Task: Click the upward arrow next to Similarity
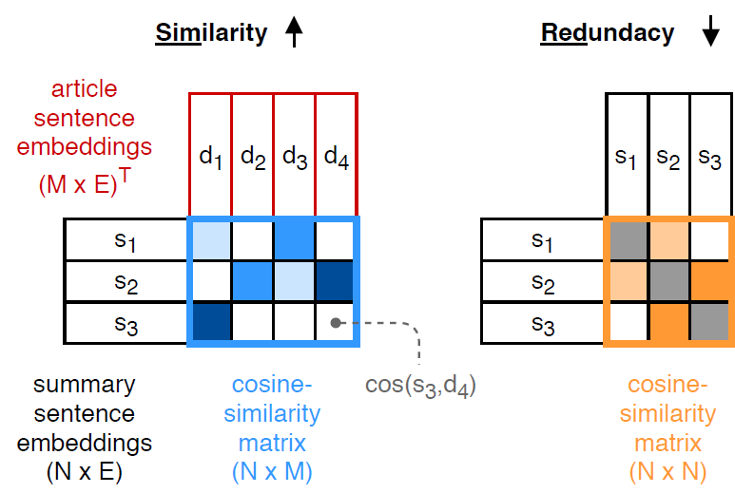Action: pos(293,33)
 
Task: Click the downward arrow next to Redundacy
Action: pos(709,33)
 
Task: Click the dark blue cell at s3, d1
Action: pos(210,322)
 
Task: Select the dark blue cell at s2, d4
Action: pos(336,280)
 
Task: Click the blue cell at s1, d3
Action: pos(295,238)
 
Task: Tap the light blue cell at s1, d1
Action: pos(210,238)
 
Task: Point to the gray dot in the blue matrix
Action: pos(336,322)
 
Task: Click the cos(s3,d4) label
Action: pos(420,385)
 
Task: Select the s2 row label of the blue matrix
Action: pos(126,280)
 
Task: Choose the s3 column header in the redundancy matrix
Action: pos(709,157)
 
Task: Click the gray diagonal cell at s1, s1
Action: pos(626,238)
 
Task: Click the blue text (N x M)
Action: pos(276,470)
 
